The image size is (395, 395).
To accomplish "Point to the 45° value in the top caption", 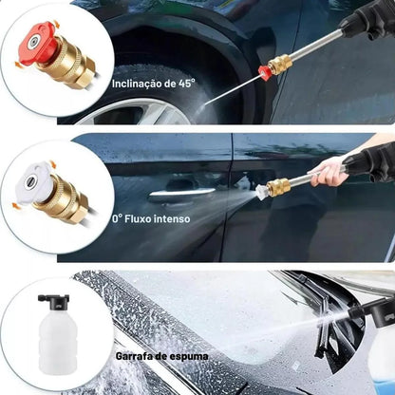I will (185, 83).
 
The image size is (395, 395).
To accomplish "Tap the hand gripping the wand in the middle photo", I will (328, 172).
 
